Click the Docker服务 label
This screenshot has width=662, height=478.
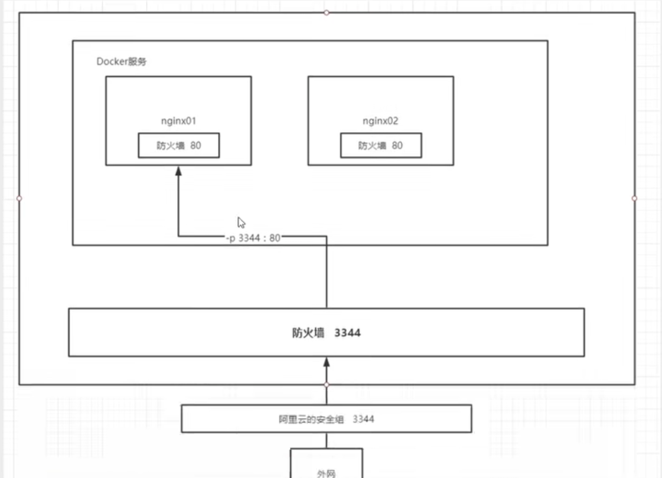pos(121,61)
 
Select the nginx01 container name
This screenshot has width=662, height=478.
pos(178,121)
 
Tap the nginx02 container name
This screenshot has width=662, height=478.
pos(380,121)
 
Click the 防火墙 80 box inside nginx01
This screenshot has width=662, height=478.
pos(179,145)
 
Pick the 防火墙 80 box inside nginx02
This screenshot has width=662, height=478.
pos(381,145)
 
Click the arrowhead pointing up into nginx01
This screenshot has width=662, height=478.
pos(178,171)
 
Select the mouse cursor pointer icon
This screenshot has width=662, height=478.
pos(241,222)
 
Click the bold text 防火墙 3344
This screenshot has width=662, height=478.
pos(326,333)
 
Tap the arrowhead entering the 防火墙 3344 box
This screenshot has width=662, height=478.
pos(327,361)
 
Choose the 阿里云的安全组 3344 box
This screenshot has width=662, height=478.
pos(326,419)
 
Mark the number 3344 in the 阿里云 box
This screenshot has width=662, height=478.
pos(364,419)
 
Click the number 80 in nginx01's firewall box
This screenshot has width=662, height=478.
pos(195,145)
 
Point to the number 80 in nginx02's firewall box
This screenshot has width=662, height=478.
pos(397,145)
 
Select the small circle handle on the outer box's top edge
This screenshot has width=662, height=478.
pos(327,12)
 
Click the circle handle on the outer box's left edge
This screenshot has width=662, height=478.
pos(19,198)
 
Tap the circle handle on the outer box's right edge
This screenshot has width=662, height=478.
pos(635,198)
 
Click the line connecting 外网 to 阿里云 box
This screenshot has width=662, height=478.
pos(327,441)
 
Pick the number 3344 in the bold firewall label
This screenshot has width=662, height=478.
pos(347,333)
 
